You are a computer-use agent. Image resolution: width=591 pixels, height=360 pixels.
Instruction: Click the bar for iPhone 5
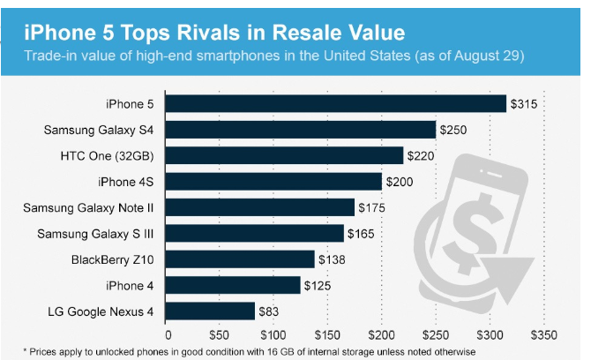pyautogui.click(x=336, y=104)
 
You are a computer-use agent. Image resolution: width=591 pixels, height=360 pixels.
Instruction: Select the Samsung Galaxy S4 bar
pyautogui.click(x=301, y=130)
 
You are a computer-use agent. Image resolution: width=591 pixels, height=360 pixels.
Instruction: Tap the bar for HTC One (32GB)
pyautogui.click(x=285, y=155)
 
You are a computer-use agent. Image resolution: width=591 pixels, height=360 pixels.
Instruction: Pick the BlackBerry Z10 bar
pyautogui.click(x=241, y=259)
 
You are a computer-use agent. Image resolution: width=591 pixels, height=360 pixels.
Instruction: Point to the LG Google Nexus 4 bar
pyautogui.click(x=211, y=311)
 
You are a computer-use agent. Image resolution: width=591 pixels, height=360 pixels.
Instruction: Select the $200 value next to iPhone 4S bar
pyautogui.click(x=400, y=182)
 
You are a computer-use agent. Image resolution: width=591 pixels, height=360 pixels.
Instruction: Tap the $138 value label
pyautogui.click(x=333, y=259)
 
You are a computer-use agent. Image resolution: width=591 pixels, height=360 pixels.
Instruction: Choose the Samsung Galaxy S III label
pyautogui.click(x=97, y=234)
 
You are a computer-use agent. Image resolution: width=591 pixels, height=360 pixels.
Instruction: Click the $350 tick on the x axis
pyautogui.click(x=543, y=336)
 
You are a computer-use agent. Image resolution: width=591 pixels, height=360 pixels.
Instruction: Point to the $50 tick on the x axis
pyautogui.click(x=221, y=336)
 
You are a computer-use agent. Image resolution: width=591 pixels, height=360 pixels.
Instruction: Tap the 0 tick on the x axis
pyautogui.click(x=167, y=336)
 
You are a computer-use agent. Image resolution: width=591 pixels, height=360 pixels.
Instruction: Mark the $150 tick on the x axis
pyautogui.click(x=328, y=336)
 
